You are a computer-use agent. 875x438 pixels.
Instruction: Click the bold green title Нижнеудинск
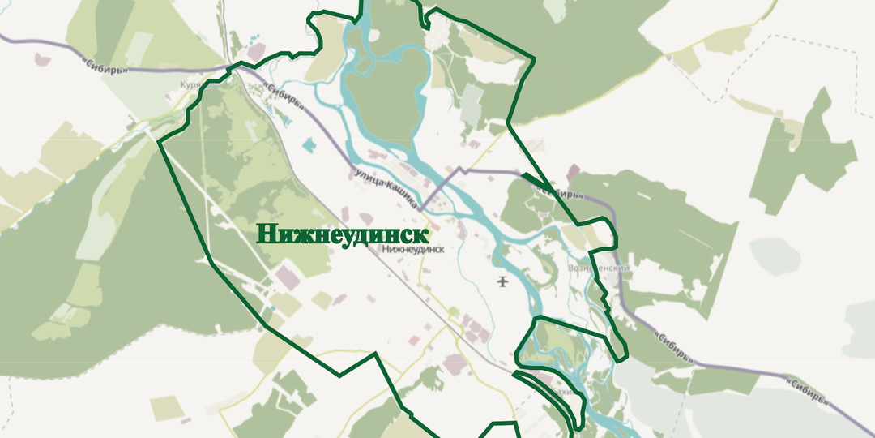point(342,234)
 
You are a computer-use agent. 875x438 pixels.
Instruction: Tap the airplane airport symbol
point(503,281)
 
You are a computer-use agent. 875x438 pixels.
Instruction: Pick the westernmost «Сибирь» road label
point(105,64)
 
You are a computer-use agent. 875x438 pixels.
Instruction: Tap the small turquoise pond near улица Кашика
point(309,146)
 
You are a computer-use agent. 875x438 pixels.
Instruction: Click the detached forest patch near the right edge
point(802,154)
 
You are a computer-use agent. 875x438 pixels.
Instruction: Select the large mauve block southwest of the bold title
point(287,280)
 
